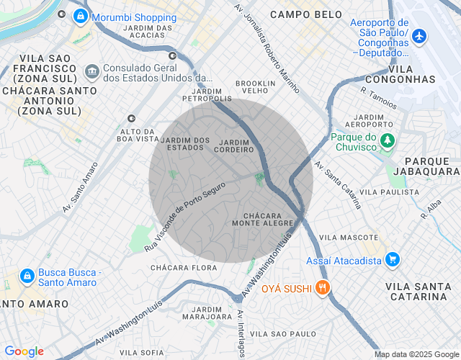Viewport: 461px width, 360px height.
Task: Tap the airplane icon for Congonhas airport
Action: pyautogui.click(x=419, y=35)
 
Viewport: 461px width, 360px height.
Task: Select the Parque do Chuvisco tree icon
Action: pyautogui.click(x=388, y=140)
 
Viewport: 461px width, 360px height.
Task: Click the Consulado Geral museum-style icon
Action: pyautogui.click(x=91, y=71)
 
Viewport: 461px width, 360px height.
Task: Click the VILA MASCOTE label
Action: pyautogui.click(x=349, y=237)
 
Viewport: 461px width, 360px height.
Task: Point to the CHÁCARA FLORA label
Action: pyautogui.click(x=184, y=268)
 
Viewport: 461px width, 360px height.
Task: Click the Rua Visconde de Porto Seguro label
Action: pyautogui.click(x=185, y=216)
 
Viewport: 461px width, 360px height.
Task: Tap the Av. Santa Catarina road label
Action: pyautogui.click(x=338, y=184)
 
